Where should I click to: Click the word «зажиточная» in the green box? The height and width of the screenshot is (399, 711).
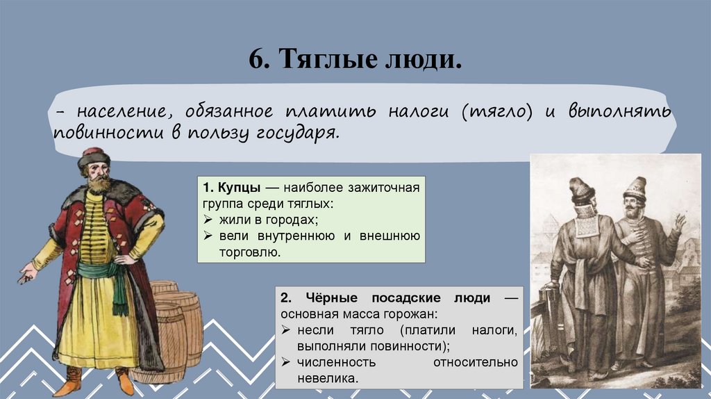386,189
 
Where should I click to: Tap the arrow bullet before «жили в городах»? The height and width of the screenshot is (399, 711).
208,220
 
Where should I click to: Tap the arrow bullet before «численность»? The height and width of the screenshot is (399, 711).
286,363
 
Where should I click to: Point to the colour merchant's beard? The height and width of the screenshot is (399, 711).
98,184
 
